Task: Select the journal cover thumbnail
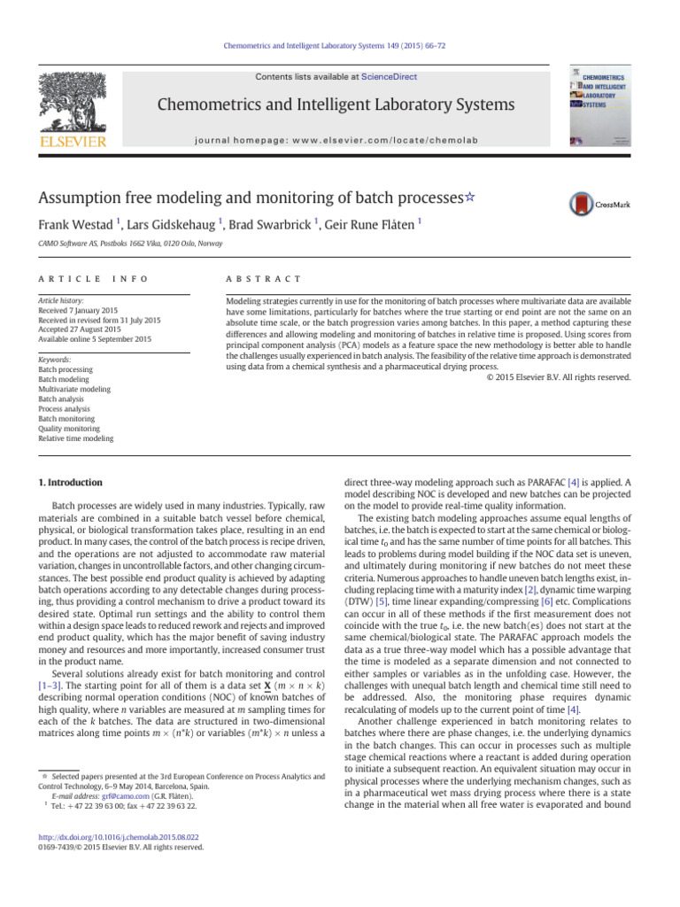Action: point(599,107)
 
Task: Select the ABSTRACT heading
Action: point(265,278)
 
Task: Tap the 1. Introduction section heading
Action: point(70,483)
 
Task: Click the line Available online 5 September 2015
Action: point(95,339)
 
